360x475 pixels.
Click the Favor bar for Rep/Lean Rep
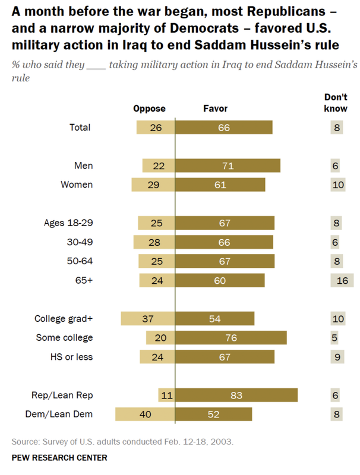(x=236, y=395)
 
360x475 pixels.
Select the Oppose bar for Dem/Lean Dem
(x=145, y=414)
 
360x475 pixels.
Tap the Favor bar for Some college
(x=231, y=338)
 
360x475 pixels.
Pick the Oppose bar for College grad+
(x=148, y=319)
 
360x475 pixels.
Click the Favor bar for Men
(x=228, y=166)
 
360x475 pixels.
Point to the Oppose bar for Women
(x=153, y=185)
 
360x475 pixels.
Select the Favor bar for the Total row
(x=224, y=128)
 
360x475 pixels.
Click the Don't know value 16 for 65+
(x=341, y=280)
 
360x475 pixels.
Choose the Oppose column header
(x=149, y=109)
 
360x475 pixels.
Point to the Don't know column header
(x=336, y=102)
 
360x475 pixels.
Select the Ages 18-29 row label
(x=68, y=223)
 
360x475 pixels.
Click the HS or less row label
(x=71, y=357)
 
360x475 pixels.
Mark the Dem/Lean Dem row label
(x=62, y=414)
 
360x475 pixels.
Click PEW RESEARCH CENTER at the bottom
(x=59, y=458)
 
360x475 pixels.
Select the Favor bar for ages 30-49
(x=224, y=242)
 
